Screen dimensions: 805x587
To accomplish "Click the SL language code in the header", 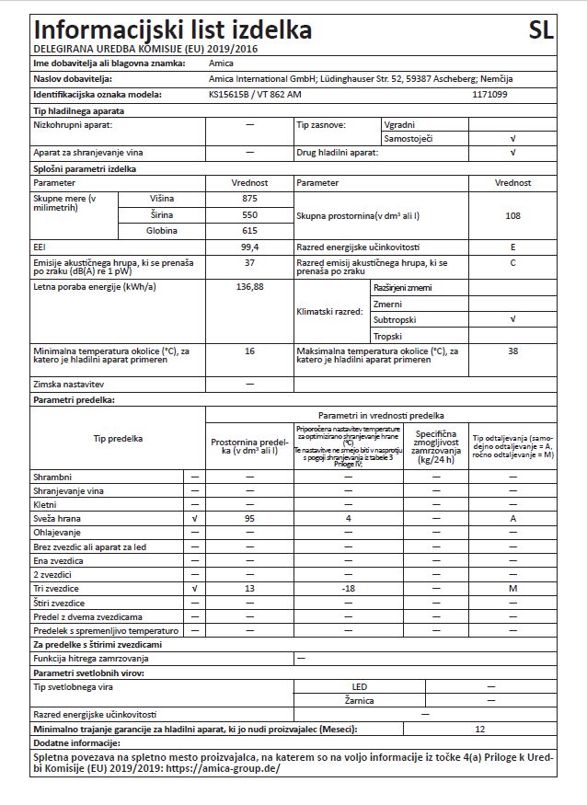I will tap(542, 29).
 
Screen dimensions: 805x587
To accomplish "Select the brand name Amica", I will tap(222, 63).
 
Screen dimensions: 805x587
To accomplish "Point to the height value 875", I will tap(249, 199).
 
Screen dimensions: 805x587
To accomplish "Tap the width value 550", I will tap(249, 214).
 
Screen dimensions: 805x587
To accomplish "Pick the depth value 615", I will tap(249, 230).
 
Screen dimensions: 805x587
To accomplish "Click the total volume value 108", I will tap(512, 215).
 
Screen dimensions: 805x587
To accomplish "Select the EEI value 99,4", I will tap(249, 247).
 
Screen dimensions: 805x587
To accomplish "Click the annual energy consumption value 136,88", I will tap(249, 287).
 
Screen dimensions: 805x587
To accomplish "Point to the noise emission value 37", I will tap(249, 263).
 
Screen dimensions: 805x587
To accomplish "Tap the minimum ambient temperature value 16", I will tap(249, 351).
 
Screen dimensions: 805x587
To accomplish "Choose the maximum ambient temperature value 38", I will tap(512, 351).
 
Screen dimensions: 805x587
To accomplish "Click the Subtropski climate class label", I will tap(396, 319).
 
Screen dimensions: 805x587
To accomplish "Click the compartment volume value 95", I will tap(249, 519).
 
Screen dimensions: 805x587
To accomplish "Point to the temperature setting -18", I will tap(349, 587).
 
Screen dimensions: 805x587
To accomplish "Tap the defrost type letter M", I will tap(512, 587).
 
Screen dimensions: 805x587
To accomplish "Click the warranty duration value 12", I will tap(480, 729).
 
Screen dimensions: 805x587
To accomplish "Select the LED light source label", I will tap(360, 686).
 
